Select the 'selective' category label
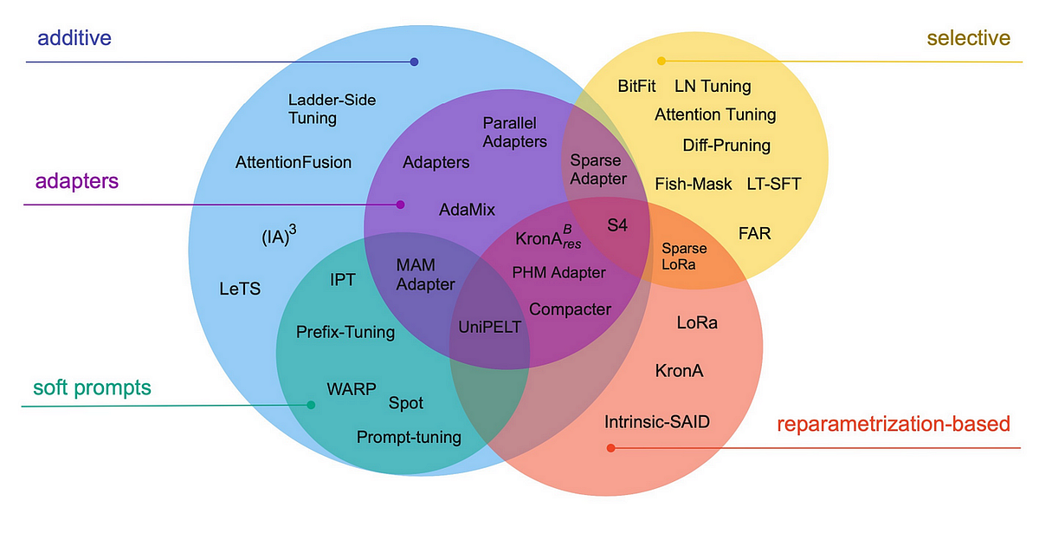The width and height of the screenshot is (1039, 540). [x=968, y=38]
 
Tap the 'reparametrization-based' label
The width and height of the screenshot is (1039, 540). [x=893, y=425]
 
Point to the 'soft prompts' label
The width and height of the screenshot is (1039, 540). [x=92, y=387]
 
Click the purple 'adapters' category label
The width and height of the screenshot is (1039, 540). [x=77, y=182]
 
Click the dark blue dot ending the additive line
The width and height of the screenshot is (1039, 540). [x=414, y=62]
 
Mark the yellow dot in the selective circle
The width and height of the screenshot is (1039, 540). [x=661, y=61]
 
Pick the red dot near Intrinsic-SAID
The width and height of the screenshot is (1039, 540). [x=610, y=448]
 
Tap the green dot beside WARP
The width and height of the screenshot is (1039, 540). [x=311, y=405]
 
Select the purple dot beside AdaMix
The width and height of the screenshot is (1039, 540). [x=400, y=205]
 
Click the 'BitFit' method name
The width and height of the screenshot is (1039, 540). [x=637, y=87]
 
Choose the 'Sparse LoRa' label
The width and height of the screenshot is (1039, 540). [x=684, y=257]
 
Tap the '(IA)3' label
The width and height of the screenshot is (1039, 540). [x=279, y=237]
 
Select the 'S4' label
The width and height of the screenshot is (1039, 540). [x=616, y=225]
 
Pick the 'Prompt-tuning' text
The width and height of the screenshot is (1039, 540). [x=409, y=437]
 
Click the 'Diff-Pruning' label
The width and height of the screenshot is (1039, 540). [x=726, y=145]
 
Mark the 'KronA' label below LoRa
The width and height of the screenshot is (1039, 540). [x=679, y=371]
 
